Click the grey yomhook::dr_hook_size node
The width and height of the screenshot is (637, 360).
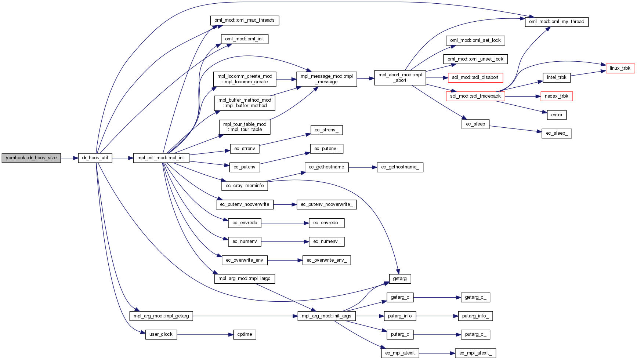click(31, 158)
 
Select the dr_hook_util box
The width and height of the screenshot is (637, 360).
click(95, 158)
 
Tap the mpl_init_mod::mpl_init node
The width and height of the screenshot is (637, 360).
click(161, 158)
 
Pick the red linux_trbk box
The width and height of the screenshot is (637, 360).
click(620, 68)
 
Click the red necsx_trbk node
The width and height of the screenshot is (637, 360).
click(556, 97)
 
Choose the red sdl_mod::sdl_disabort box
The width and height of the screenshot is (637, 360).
click(475, 78)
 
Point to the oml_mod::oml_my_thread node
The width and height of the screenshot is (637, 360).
click(556, 22)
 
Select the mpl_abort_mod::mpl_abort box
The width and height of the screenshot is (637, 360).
click(400, 78)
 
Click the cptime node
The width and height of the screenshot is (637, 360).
click(245, 335)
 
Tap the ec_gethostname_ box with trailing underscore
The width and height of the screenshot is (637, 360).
click(400, 167)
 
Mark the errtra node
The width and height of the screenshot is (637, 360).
click(556, 115)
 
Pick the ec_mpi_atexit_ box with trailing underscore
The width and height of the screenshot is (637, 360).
click(475, 353)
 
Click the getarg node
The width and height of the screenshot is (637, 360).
click(399, 279)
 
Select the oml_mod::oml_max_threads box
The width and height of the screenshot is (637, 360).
click(245, 21)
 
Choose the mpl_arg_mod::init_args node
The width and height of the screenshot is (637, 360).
click(326, 316)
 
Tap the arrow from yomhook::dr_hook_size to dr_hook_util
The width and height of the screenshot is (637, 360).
click(69, 158)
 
